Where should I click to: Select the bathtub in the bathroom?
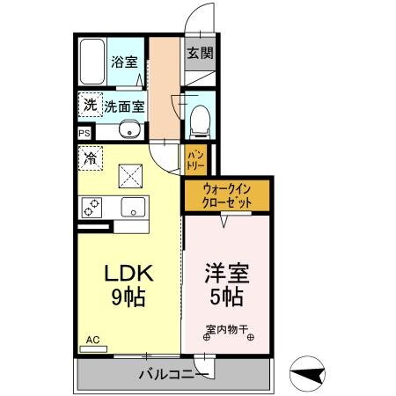tap(92, 61)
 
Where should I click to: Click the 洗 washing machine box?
tap(91, 106)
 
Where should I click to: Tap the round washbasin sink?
tap(130, 133)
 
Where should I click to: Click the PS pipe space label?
tap(84, 133)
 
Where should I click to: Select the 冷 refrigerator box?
tap(90, 159)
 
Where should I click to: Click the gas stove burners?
tap(92, 208)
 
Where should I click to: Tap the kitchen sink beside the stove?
tap(133, 208)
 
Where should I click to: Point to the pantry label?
tap(194, 161)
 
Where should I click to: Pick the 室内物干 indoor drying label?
tap(227, 331)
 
